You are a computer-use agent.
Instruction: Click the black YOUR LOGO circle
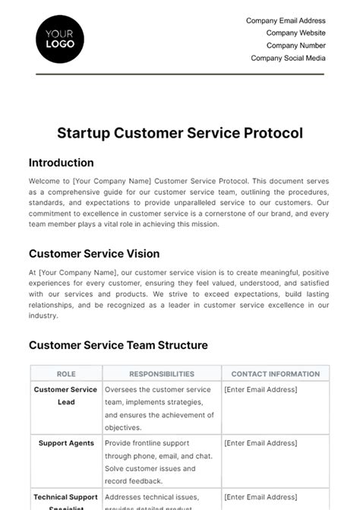pyautogui.click(x=60, y=39)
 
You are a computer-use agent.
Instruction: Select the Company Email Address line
pyautogui.click(x=286, y=21)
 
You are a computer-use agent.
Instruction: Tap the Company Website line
pyautogui.click(x=295, y=33)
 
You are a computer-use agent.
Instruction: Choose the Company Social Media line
pyautogui.click(x=288, y=58)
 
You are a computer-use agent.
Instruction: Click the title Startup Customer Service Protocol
pyautogui.click(x=180, y=133)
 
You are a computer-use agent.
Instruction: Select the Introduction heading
pyautogui.click(x=61, y=163)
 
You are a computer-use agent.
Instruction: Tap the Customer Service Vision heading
pyautogui.click(x=94, y=254)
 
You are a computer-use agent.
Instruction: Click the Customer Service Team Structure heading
pyautogui.click(x=118, y=345)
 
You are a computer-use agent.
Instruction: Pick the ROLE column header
pyautogui.click(x=66, y=374)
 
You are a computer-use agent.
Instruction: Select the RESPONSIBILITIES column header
pyautogui.click(x=161, y=374)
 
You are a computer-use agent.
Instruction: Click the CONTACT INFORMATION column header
pyautogui.click(x=275, y=374)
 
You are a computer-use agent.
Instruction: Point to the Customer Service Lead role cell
pyautogui.click(x=66, y=396)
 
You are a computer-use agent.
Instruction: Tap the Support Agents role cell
pyautogui.click(x=66, y=443)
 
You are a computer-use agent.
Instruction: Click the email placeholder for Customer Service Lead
pyautogui.click(x=261, y=390)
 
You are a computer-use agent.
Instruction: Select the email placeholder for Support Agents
pyautogui.click(x=261, y=443)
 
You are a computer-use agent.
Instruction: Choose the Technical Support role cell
pyautogui.click(x=66, y=499)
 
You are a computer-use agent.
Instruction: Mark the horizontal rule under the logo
pyautogui.click(x=180, y=74)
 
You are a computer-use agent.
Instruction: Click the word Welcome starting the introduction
pyautogui.click(x=43, y=181)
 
